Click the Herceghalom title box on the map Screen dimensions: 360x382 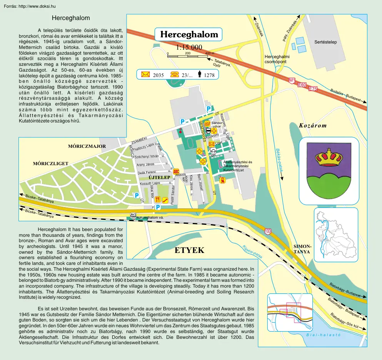[189, 34]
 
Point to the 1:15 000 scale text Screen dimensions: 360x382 [189, 48]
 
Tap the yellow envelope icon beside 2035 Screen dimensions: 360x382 [145, 75]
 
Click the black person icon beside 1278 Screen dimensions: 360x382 [200, 74]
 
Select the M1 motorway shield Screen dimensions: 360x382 [292, 80]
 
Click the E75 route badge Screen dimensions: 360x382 [313, 89]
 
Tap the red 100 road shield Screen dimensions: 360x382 [268, 231]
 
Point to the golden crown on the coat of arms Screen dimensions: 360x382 [329, 157]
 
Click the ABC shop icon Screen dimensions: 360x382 [176, 171]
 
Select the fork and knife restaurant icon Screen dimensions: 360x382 [157, 199]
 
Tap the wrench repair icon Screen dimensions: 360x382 [164, 199]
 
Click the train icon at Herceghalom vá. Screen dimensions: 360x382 [133, 216]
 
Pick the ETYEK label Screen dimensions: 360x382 [189, 251]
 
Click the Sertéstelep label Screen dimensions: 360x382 [325, 42]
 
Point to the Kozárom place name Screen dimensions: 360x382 [313, 126]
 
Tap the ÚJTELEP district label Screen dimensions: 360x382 [159, 177]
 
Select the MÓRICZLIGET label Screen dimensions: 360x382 [50, 164]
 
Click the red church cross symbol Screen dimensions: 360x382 [180, 131]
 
